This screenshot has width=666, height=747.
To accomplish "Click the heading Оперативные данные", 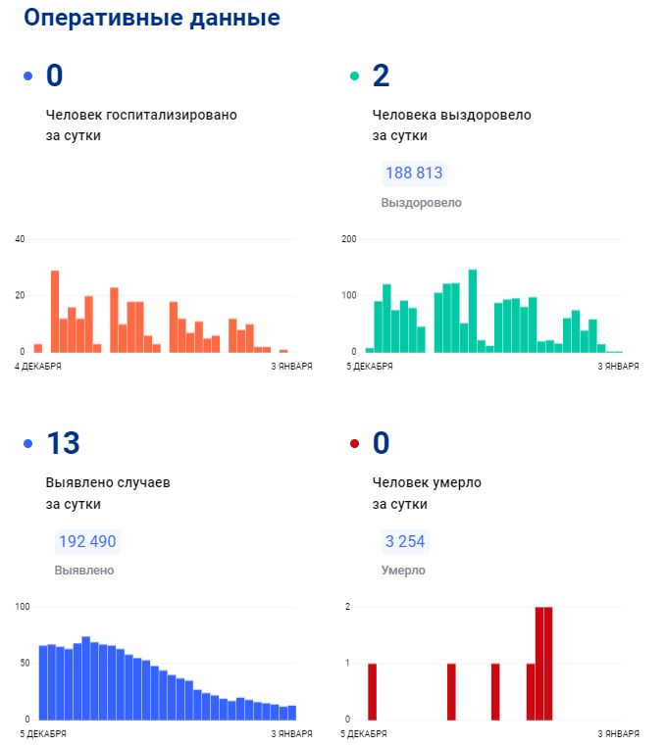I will pyautogui.click(x=152, y=18).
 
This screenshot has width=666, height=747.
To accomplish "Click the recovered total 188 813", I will pyautogui.click(x=414, y=174).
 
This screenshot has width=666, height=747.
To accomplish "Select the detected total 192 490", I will pyautogui.click(x=87, y=541).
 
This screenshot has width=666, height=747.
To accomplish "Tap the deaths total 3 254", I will pyautogui.click(x=405, y=541).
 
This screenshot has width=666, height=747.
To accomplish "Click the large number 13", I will pyautogui.click(x=63, y=443).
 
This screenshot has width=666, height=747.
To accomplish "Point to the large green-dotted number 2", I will pyautogui.click(x=382, y=75).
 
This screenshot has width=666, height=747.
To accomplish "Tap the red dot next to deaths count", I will pyautogui.click(x=354, y=444).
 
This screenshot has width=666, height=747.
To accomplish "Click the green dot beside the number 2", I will pyautogui.click(x=354, y=76).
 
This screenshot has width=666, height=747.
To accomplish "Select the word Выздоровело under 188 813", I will pyautogui.click(x=421, y=203).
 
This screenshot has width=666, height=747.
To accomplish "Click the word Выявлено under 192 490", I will pyautogui.click(x=84, y=570).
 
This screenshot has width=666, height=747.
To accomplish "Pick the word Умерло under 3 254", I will pyautogui.click(x=403, y=570).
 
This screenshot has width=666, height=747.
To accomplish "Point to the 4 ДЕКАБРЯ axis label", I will pyautogui.click(x=38, y=367).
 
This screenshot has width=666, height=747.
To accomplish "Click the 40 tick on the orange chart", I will pyautogui.click(x=20, y=239).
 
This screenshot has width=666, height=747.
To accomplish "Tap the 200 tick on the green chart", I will pyautogui.click(x=348, y=239).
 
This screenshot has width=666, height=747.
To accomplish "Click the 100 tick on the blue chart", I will pyautogui.click(x=23, y=607).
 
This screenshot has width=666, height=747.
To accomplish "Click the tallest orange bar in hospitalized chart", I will pyautogui.click(x=55, y=311).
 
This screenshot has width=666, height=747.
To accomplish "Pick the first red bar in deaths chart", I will pyautogui.click(x=372, y=691).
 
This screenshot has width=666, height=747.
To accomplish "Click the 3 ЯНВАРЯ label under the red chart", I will pyautogui.click(x=619, y=733).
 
